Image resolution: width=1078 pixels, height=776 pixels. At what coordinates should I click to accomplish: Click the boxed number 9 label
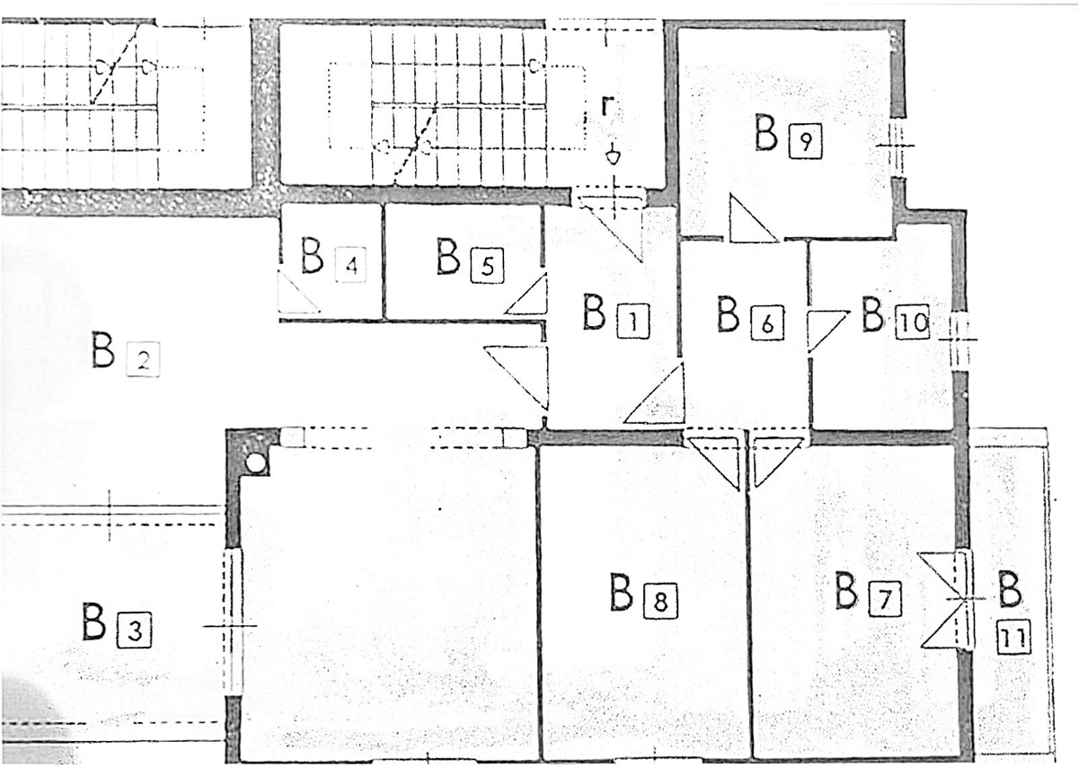pos(806,141)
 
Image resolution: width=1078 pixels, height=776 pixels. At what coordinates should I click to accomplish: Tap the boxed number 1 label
pos(632,322)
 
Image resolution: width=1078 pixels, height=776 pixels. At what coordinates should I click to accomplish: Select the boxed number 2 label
pos(143,360)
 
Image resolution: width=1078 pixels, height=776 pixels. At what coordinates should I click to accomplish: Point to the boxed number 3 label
pos(134,630)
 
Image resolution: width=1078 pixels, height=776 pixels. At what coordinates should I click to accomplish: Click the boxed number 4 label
pos(351,265)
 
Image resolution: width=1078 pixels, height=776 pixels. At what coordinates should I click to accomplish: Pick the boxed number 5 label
pos(488,265)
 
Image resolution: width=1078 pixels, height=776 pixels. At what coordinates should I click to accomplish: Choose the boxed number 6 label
pos(767,323)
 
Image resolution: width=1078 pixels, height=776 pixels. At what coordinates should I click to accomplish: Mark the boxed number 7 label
pos(885,600)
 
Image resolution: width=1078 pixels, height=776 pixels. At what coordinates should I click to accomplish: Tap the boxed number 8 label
pos(661,602)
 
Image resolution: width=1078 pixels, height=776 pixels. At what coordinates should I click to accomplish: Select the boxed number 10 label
pos(913,322)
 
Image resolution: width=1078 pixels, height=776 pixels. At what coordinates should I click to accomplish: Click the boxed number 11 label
pos(1014,638)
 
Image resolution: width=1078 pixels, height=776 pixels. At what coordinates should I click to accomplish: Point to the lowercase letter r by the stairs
pos(609,105)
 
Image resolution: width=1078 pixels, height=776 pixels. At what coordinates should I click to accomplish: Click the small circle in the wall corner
pos(255,463)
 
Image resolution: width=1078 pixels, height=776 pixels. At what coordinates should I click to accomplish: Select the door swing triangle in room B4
pos(299,293)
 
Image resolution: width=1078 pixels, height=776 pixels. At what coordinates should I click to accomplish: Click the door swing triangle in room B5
pos(527,294)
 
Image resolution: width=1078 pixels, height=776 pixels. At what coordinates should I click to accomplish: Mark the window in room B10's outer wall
pos(960,340)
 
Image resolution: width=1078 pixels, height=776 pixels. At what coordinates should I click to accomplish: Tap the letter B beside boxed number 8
pos(622,592)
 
